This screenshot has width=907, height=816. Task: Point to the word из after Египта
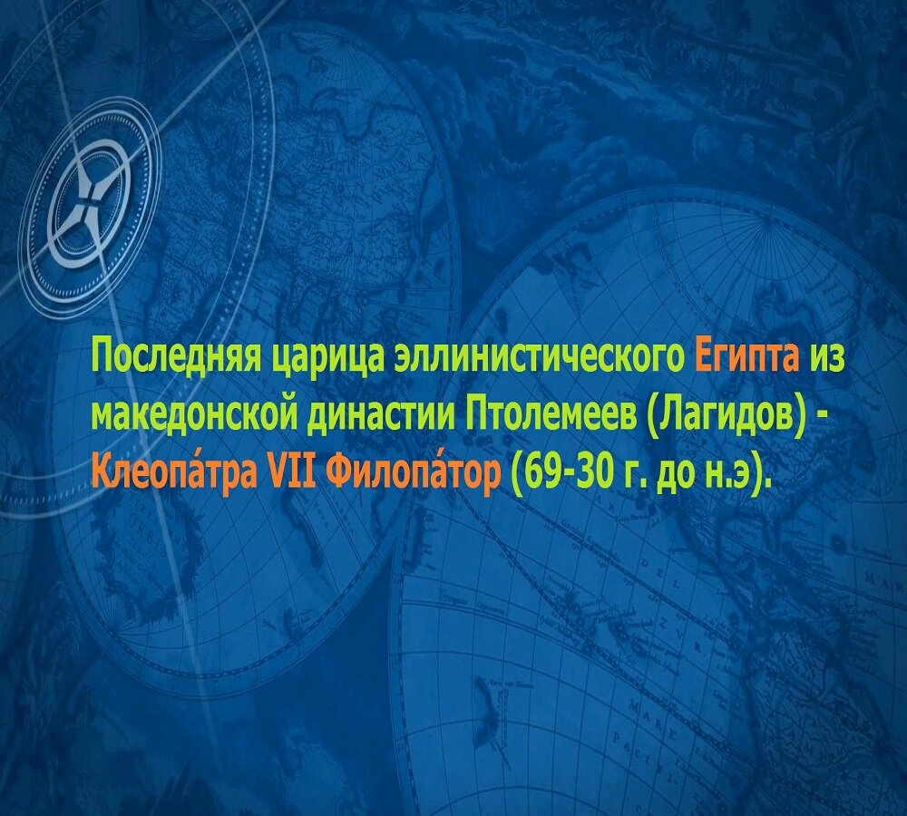pos(826,355)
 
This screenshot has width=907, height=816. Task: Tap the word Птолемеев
pos(552,414)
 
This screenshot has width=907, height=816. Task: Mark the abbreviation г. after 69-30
pos(629,474)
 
